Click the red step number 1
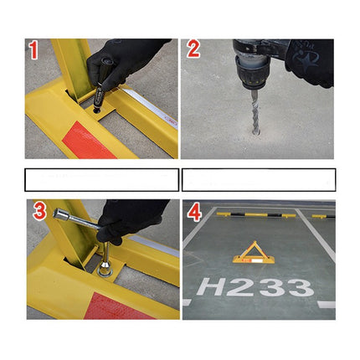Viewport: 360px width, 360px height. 33,49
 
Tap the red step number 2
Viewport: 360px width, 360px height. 193,49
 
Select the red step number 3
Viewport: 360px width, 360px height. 39,211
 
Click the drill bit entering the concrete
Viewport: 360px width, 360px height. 255,112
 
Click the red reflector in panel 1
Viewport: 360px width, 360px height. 89,141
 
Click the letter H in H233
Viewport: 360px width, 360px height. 211,286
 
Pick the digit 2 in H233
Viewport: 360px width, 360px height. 240,287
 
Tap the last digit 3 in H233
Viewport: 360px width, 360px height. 301,288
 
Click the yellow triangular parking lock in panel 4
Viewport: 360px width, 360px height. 254,253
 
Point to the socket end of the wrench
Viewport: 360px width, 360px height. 61,214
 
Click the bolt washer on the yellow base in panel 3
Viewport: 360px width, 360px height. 105,272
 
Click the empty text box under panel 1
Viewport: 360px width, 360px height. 102,180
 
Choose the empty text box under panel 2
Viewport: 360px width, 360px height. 259,180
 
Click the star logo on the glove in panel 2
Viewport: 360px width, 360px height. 306,59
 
